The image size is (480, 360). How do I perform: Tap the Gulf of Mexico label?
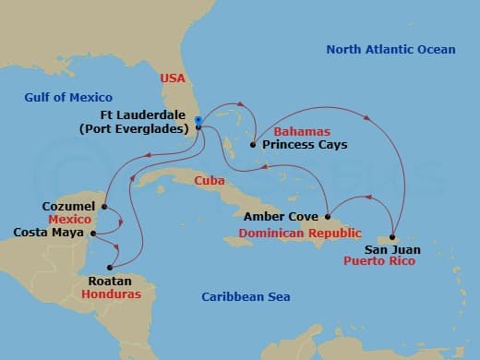click(x=70, y=97)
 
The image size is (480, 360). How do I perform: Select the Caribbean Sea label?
click(x=246, y=296)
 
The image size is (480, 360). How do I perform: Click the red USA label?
click(x=174, y=78)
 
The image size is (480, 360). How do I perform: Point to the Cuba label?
click(x=212, y=182)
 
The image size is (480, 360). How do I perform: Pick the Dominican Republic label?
click(x=299, y=233)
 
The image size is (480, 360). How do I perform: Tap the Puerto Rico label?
click(x=378, y=261)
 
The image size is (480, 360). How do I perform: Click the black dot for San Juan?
click(x=392, y=237)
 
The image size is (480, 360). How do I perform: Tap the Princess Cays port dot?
click(x=254, y=144)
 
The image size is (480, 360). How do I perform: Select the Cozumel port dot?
click(x=104, y=206)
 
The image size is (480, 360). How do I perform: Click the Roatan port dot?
click(x=110, y=268)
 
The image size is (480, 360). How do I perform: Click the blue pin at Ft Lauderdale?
click(x=198, y=120)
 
